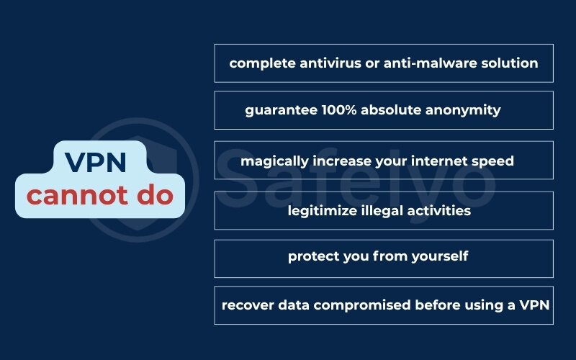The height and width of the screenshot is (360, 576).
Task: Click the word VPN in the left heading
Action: pyautogui.click(x=96, y=163)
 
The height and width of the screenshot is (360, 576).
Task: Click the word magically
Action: pyautogui.click(x=274, y=161)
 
